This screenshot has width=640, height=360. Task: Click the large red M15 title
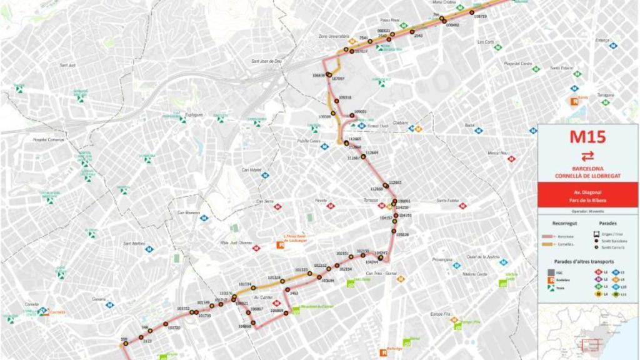pos(587,136)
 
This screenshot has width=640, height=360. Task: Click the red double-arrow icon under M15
pos(587,156)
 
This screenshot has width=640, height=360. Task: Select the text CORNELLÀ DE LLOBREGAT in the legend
pos(587,176)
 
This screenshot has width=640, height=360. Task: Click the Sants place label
pos(584,97)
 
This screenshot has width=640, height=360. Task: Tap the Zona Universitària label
pos(332,36)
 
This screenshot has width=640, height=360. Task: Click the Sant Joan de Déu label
pos(267,61)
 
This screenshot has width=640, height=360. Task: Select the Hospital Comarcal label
pos(49,139)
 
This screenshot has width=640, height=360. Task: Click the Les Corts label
pos(486,42)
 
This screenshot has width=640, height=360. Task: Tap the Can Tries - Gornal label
pos(381,273)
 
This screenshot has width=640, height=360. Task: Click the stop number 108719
pos(480,16)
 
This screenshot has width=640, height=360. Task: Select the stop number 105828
pos(402,235)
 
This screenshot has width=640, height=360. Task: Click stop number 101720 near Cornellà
pos(174,327)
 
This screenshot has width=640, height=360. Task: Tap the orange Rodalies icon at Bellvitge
pos(383,352)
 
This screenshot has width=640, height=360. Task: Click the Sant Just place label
pos(67,65)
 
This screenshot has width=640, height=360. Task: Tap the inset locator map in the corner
pos(587,331)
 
